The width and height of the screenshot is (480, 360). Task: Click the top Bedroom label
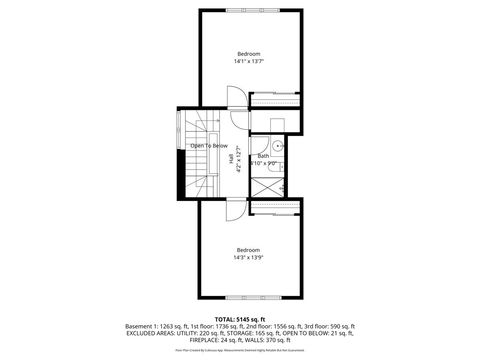248,53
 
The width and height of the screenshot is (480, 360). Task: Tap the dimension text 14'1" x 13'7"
248,61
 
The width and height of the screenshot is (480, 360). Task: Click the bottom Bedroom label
248,249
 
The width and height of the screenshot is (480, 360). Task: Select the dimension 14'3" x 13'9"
248,257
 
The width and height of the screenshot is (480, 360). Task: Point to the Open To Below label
210,146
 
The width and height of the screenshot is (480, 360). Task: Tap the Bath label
263,156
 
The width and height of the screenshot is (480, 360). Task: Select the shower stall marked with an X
268,186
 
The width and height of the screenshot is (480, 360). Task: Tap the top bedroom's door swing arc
233,98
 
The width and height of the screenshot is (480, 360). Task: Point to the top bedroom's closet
274,100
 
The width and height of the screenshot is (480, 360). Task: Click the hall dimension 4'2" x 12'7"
238,160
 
